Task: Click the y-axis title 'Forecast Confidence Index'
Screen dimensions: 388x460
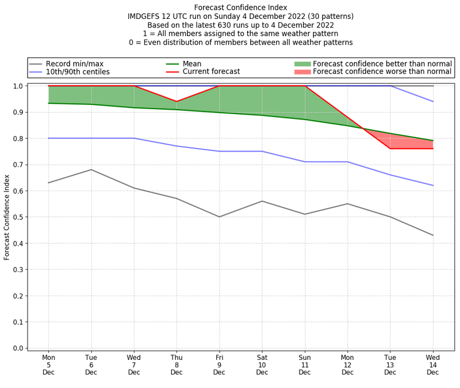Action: (7, 217)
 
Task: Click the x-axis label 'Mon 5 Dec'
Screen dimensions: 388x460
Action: (48, 364)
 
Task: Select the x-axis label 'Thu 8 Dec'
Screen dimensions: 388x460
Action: (177, 364)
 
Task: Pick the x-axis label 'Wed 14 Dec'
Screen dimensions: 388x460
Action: (433, 364)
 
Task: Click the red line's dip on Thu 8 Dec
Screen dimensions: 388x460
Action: (177, 102)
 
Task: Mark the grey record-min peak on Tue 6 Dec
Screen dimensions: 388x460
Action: (91, 169)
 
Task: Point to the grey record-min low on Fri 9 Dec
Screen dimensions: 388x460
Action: (219, 217)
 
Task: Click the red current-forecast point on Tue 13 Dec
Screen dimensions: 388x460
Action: (390, 149)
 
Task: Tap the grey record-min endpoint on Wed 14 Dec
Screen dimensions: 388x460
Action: (433, 235)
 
